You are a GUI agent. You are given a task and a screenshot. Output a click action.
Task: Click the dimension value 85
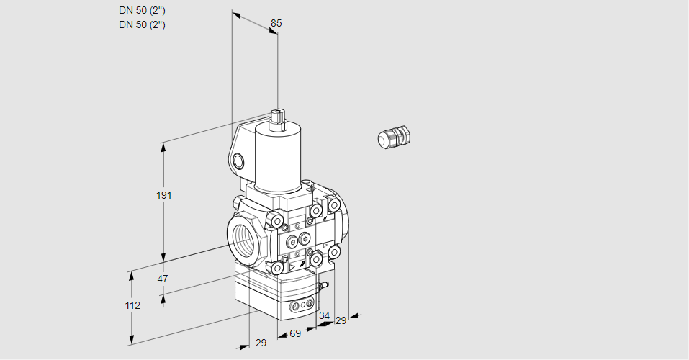pos(276,23)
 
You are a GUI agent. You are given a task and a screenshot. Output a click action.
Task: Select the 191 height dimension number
pos(165,195)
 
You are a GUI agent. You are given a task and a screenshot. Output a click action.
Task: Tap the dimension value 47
pos(163,279)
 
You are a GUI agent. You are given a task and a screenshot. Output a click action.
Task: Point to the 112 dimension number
pos(132,305)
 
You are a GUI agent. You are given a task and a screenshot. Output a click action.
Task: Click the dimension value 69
pos(294,334)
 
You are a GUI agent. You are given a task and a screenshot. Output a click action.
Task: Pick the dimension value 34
pos(324,315)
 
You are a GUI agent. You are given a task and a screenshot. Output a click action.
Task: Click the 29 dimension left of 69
pos(261,343)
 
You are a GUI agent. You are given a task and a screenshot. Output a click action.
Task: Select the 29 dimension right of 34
pos(341,320)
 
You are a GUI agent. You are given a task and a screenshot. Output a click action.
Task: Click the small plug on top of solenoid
pos(278,118)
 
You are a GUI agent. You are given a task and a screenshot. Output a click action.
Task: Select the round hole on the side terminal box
pos(239,161)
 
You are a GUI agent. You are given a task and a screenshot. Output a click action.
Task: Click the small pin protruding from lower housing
pos(325,287)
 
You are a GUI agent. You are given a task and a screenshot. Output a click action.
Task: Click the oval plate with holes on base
pos(302,307)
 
